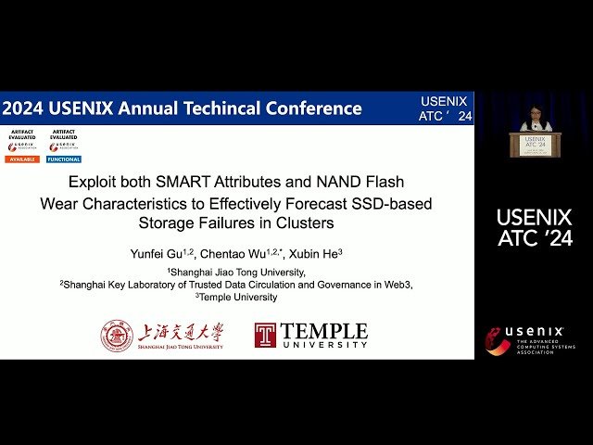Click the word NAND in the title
click(x=332, y=183)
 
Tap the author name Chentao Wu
click(x=233, y=252)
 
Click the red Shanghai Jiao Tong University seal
click(x=117, y=335)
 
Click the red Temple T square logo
click(x=265, y=335)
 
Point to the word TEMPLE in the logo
click(x=323, y=330)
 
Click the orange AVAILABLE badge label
click(x=22, y=159)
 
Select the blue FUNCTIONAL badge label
click(x=64, y=159)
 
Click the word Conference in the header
click(x=314, y=108)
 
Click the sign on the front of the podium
click(x=535, y=145)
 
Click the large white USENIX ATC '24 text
click(x=535, y=228)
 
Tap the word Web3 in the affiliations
click(x=399, y=286)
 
